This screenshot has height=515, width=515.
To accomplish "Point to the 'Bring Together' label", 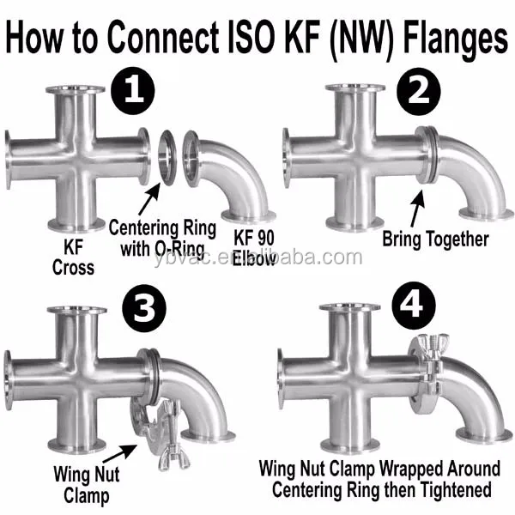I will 434,239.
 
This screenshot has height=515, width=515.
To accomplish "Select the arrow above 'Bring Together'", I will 418,208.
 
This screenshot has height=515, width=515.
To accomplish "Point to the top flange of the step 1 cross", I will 76,89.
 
